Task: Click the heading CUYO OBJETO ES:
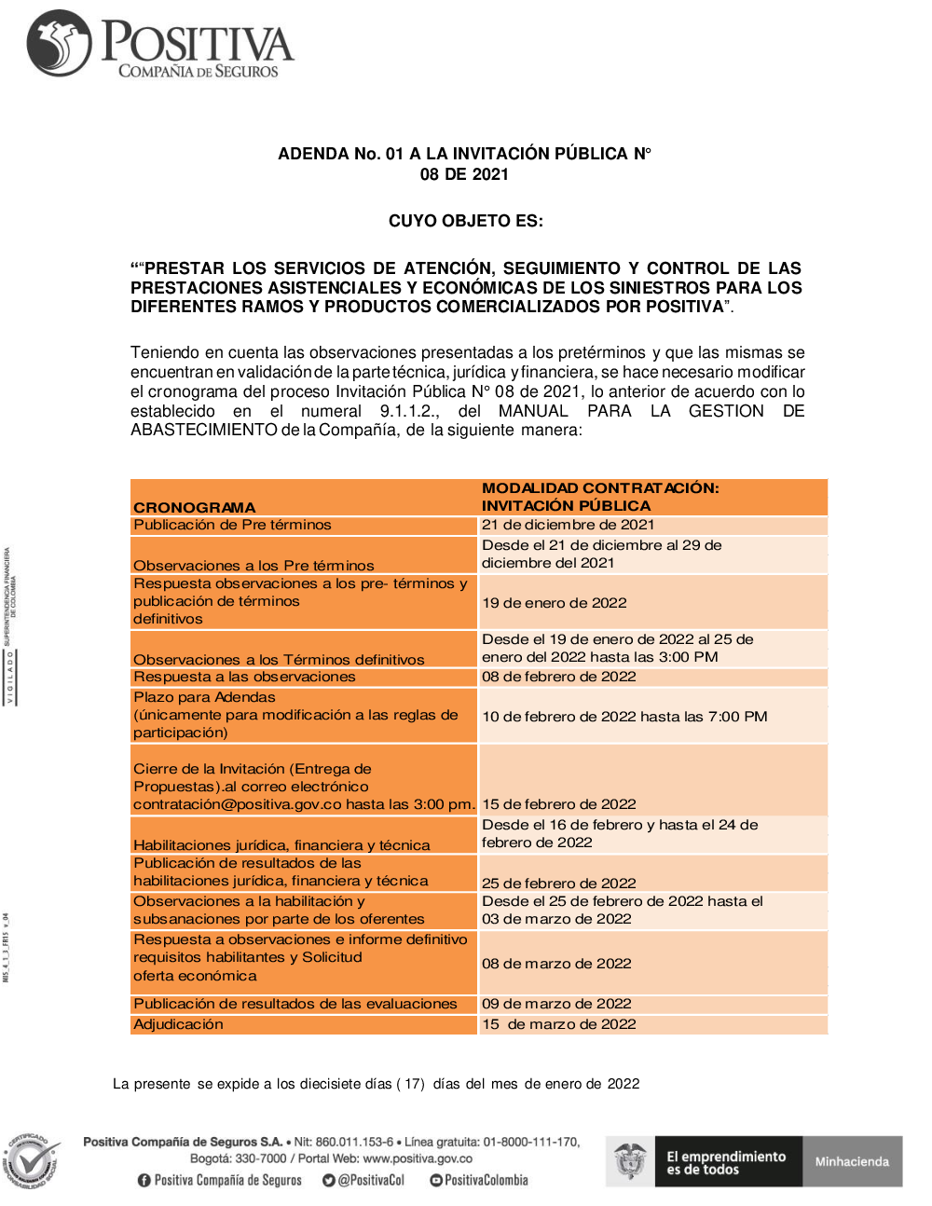465,221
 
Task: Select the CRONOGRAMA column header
194,507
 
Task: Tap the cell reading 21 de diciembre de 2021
568,525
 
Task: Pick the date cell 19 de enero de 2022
554,603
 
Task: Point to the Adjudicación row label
178,1024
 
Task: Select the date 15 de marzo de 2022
558,1024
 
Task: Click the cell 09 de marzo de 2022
556,1004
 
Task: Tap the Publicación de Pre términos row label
232,525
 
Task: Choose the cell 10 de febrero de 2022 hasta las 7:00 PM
624,717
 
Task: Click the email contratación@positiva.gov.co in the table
238,804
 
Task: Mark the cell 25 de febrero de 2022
558,883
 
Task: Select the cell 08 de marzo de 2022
556,964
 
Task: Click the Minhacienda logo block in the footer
852,1161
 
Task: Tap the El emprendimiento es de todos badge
725,1161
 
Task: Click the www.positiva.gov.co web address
418,1158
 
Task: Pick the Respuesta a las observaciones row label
244,677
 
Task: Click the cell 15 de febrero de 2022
558,804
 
